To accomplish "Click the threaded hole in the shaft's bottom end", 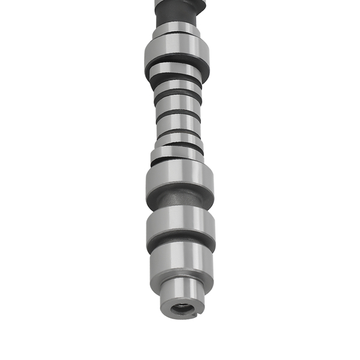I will pos(181,310).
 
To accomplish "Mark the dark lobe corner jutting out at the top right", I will pos(201,7).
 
